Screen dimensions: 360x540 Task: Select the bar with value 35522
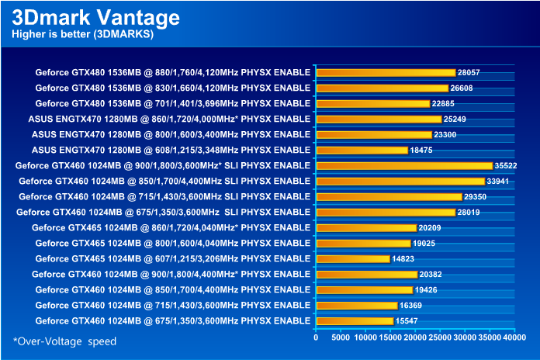pyautogui.click(x=404, y=165)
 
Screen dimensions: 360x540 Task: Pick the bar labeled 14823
pyautogui.click(x=352, y=258)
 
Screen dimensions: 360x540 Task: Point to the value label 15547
pyautogui.click(x=407, y=320)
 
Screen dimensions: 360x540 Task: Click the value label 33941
pyautogui.click(x=500, y=181)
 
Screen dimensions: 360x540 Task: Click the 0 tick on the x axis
pyautogui.click(x=316, y=337)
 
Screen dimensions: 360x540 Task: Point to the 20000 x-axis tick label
pyautogui.click(x=415, y=337)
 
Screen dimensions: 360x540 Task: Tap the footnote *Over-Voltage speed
pyautogui.click(x=64, y=341)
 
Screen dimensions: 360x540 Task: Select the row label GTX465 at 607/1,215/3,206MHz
pyautogui.click(x=173, y=258)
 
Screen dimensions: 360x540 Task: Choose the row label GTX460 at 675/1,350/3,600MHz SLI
pyautogui.click(x=164, y=212)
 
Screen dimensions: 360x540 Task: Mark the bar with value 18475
pyautogui.click(x=362, y=150)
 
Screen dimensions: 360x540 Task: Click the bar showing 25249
pyautogui.click(x=379, y=119)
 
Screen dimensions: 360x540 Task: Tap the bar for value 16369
pyautogui.click(x=356, y=305)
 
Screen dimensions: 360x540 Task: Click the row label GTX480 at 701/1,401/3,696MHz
pyautogui.click(x=173, y=103)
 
